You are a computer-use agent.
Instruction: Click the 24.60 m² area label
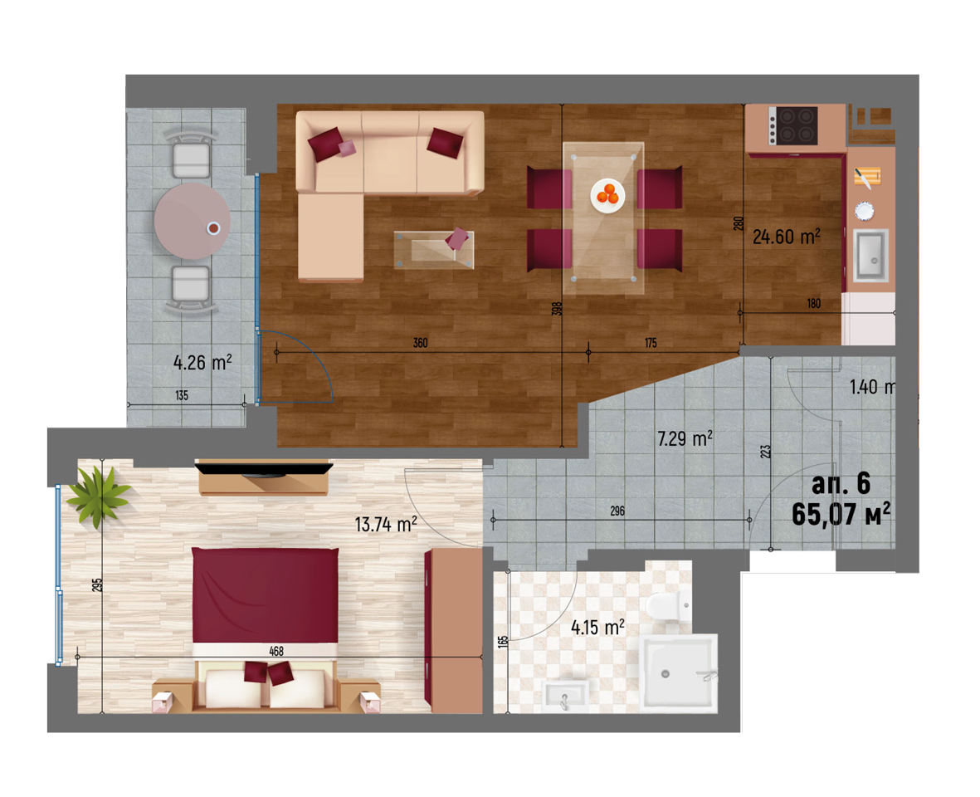tap(787, 237)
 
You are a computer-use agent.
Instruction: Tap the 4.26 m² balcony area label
tap(202, 363)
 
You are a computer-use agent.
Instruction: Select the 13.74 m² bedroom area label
tap(386, 524)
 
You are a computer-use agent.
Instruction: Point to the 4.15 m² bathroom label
tap(597, 627)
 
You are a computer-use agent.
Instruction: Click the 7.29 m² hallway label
tap(685, 438)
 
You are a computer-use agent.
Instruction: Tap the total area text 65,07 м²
tap(841, 515)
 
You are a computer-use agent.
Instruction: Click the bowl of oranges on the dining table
tap(607, 196)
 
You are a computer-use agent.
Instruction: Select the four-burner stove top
tap(792, 125)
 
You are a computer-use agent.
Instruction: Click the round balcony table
tap(193, 222)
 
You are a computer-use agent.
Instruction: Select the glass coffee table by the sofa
tap(434, 250)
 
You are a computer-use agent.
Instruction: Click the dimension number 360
tap(420, 343)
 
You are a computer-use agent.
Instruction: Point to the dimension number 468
tap(276, 651)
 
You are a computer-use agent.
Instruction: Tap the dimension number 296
tap(617, 511)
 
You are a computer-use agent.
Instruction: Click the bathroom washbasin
tap(566, 696)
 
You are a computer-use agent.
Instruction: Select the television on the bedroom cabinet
tap(263, 468)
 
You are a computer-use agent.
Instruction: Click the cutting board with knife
tap(867, 177)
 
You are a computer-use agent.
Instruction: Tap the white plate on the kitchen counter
tap(865, 211)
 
